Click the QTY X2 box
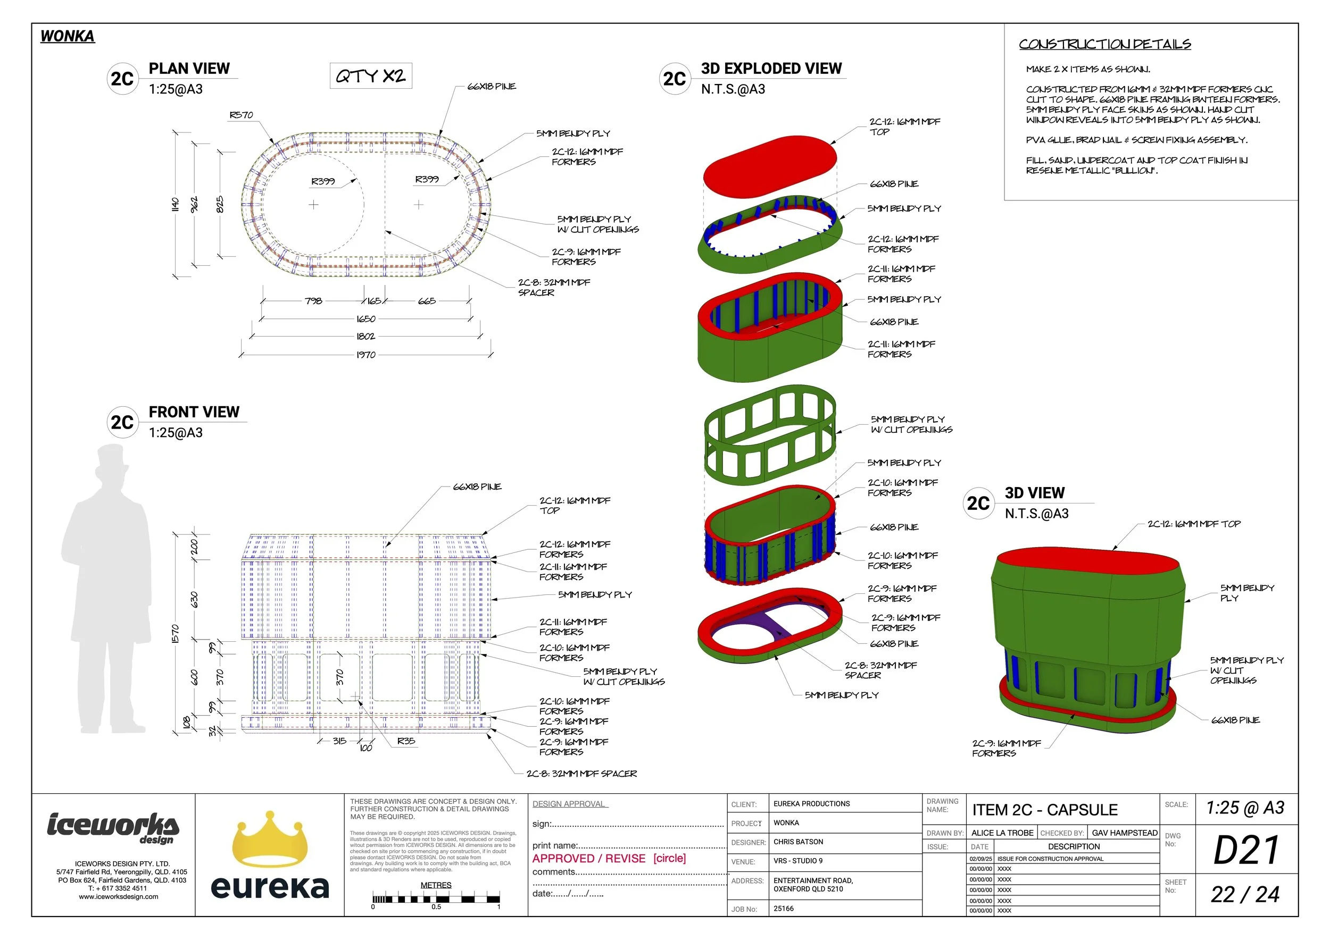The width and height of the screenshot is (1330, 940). click(x=371, y=76)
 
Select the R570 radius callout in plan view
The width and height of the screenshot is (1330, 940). click(x=241, y=115)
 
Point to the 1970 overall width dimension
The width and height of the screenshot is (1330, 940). click(x=365, y=355)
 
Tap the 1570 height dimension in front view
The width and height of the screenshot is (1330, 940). click(x=175, y=634)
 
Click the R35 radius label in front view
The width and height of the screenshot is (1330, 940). click(x=406, y=741)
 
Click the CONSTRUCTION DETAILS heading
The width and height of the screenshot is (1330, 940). click(x=1104, y=44)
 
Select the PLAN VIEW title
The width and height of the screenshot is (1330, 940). click(x=189, y=69)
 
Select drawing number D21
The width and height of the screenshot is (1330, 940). click(x=1246, y=850)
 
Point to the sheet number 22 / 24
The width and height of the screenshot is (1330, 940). click(x=1245, y=895)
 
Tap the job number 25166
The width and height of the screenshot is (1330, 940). click(x=784, y=909)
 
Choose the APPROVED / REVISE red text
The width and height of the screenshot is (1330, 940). click(x=588, y=858)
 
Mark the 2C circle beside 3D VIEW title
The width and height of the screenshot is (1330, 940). click(x=978, y=503)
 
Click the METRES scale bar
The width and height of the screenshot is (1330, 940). click(x=436, y=899)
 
